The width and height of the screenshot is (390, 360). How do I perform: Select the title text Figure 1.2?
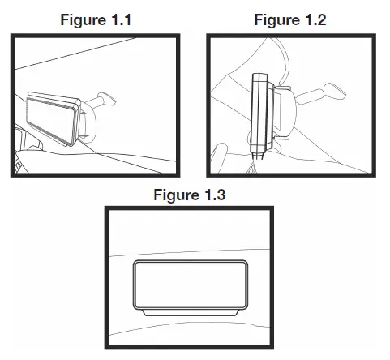[x=289, y=21]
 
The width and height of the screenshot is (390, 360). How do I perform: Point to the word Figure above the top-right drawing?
[x=276, y=21]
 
